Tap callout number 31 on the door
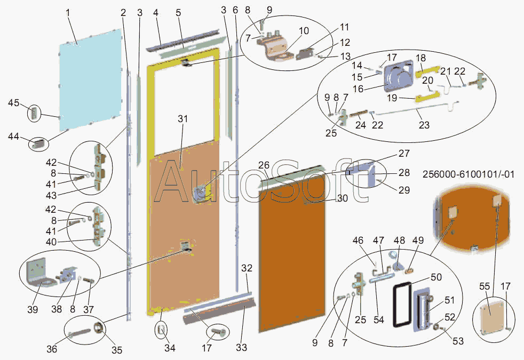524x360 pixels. pyautogui.click(x=183, y=119)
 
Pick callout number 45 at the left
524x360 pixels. pyautogui.click(x=14, y=102)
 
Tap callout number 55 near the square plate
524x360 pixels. pyautogui.click(x=484, y=286)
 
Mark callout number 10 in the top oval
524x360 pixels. pyautogui.click(x=304, y=30)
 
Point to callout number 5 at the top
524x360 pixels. pyautogui.click(x=178, y=12)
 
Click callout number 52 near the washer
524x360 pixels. pyautogui.click(x=450, y=317)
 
